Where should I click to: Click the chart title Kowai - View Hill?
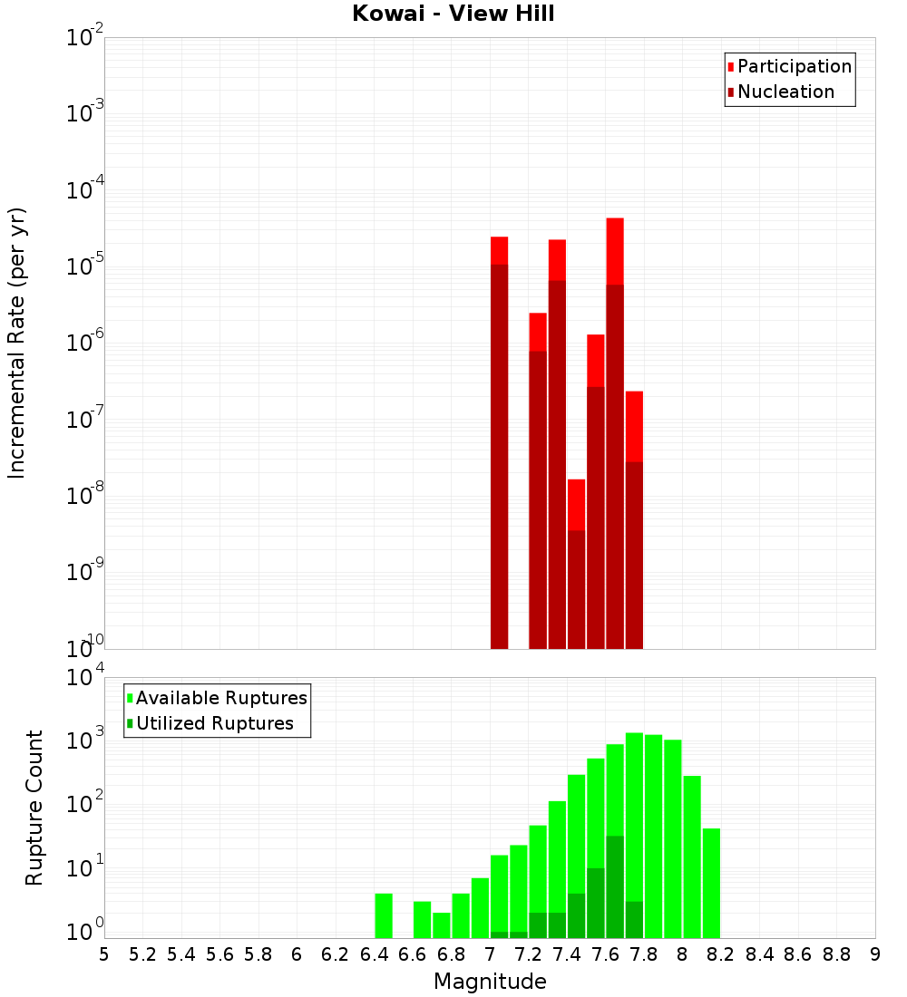pos(453,14)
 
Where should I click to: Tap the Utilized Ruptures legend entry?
pos(214,723)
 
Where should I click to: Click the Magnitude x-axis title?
pos(490,982)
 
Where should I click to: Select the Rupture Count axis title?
pos(34,807)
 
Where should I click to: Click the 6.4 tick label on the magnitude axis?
pos(375,954)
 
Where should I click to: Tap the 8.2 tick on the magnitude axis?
pos(721,954)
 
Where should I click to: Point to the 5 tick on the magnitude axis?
pos(104,954)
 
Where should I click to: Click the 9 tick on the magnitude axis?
pos(875,954)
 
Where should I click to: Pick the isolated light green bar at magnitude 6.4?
pos(384,915)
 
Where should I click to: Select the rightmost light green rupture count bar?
pos(711,883)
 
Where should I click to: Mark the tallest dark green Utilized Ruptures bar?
pos(615,886)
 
